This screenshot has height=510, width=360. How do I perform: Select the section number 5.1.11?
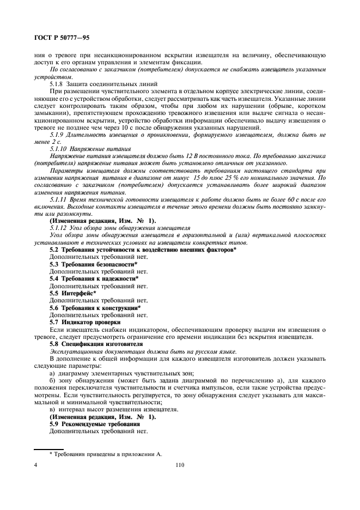(x=59, y=199)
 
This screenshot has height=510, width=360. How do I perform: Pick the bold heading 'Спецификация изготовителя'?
(x=101, y=344)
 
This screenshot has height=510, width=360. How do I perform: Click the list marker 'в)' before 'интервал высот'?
(x=52, y=409)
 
